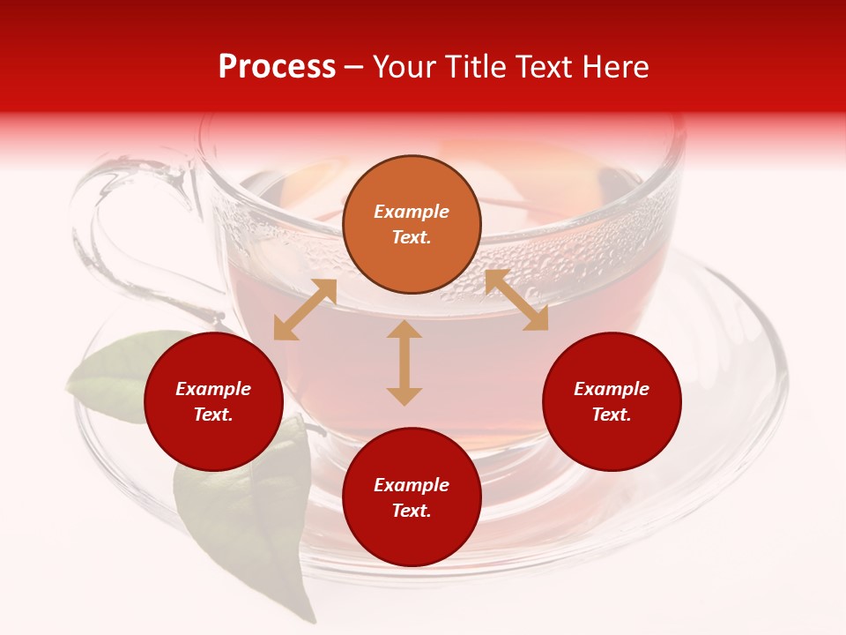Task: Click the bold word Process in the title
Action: pyautogui.click(x=277, y=67)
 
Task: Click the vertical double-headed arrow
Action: pyautogui.click(x=404, y=362)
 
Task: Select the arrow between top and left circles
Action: pyautogui.click(x=305, y=310)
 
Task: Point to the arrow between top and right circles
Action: pyautogui.click(x=516, y=300)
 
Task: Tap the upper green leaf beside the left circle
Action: pyautogui.click(x=110, y=370)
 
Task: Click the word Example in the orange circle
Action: pyautogui.click(x=412, y=212)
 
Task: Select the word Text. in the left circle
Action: pyautogui.click(x=213, y=415)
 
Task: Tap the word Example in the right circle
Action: pyautogui.click(x=612, y=389)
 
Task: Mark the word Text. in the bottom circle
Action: pyautogui.click(x=412, y=511)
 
